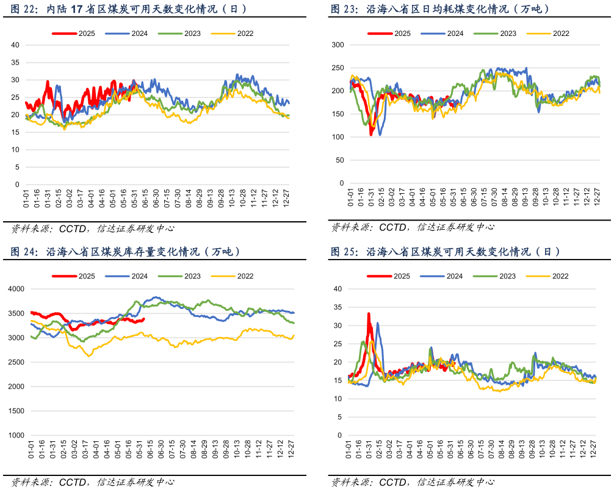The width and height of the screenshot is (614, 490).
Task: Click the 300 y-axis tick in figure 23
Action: [338, 45]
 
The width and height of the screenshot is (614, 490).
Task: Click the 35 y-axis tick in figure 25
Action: [339, 307]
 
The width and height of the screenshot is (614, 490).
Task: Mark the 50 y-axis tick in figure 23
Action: [340, 160]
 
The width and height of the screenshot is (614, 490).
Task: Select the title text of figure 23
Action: [439, 9]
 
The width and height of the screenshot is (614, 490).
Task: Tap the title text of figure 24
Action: [125, 252]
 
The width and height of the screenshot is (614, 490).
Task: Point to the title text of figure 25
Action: [446, 252]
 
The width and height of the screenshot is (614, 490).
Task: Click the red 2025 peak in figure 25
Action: [369, 314]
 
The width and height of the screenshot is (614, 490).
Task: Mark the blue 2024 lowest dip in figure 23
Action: [380, 134]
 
